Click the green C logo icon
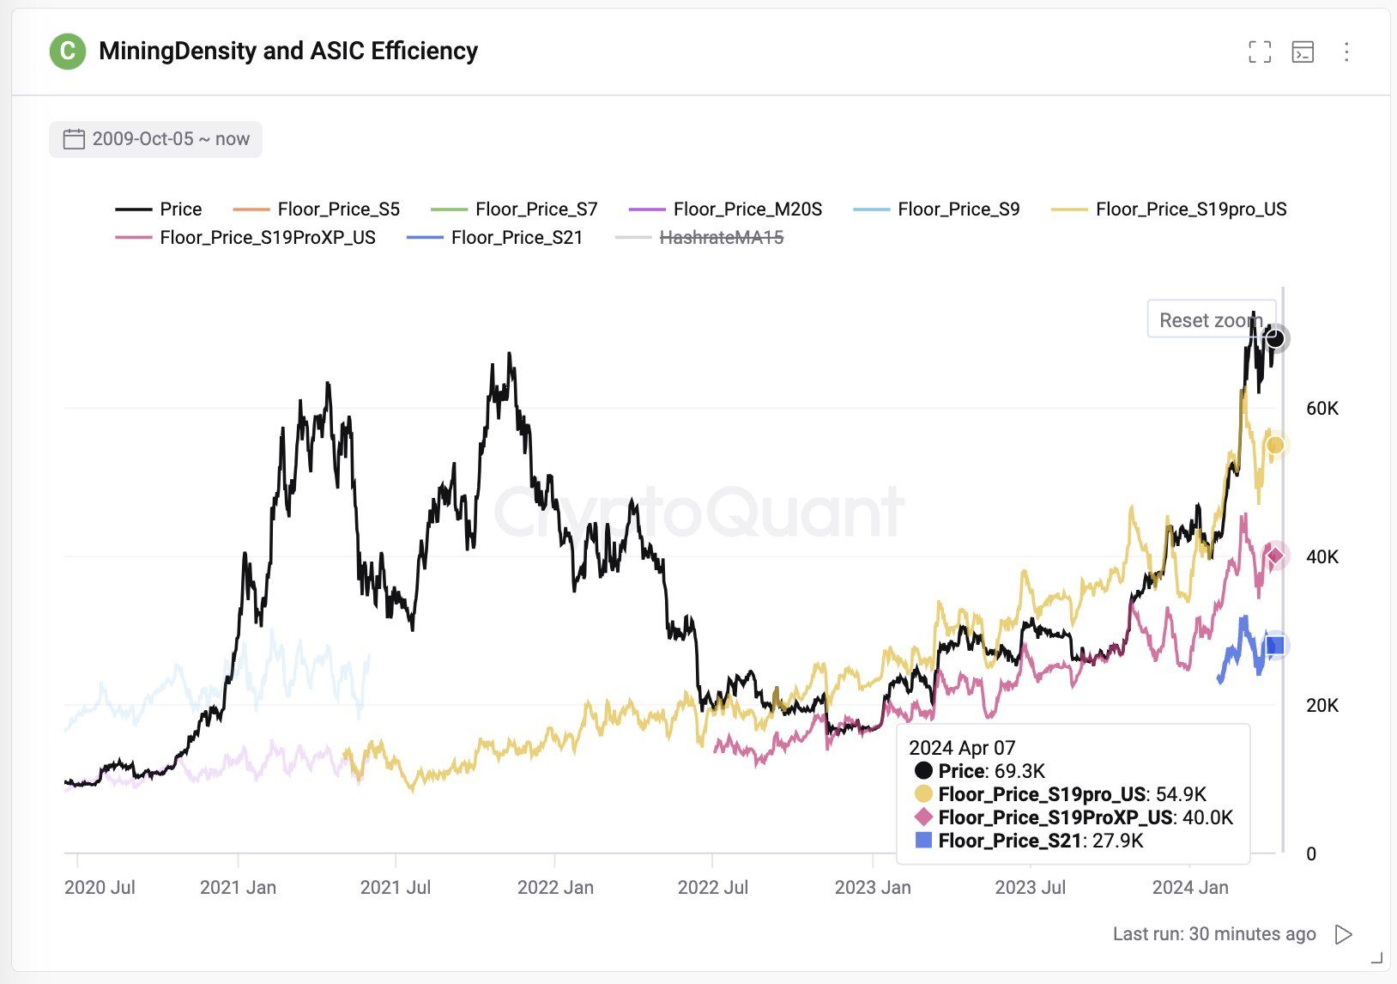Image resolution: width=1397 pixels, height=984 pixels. pos(67,52)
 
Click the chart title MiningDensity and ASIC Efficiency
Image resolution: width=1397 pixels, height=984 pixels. pos(288,52)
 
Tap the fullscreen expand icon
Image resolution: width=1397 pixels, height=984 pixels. pos(1260,52)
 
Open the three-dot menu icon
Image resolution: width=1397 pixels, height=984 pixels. pos(1346,52)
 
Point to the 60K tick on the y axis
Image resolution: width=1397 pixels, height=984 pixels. pos(1322,409)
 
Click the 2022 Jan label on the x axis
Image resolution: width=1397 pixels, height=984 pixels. pos(555,887)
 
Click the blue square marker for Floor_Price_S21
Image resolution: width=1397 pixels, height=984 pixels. pos(1275,645)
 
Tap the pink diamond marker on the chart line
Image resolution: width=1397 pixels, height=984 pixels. pos(1275,556)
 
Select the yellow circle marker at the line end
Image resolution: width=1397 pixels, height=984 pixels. pos(1275,445)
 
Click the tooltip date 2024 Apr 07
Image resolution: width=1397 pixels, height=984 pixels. pos(962,748)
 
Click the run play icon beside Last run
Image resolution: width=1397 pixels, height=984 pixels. pos(1343,934)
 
